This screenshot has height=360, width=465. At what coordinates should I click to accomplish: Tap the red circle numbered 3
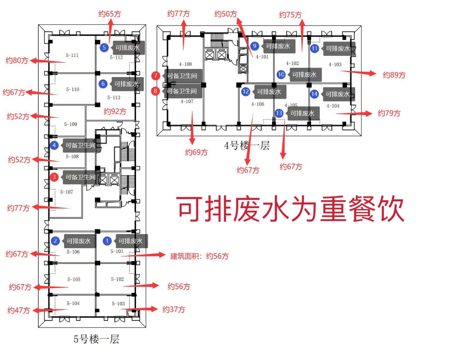[x=55, y=177]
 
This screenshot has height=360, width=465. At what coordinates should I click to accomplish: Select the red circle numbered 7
[x=156, y=75]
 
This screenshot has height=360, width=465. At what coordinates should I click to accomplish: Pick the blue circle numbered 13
[x=279, y=113]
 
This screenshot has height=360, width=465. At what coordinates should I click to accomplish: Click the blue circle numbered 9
[x=254, y=46]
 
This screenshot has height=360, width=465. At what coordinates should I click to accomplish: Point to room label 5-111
[x=72, y=55]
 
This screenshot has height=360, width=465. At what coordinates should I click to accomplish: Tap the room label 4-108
[x=185, y=64]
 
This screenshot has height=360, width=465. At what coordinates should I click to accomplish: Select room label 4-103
[x=335, y=64]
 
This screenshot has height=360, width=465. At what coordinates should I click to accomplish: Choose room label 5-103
[x=118, y=303]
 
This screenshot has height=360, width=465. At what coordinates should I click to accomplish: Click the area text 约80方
[x=17, y=60]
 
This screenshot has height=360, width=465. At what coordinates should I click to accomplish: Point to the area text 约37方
[x=173, y=310]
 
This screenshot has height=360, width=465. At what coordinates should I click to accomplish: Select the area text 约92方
[x=115, y=112]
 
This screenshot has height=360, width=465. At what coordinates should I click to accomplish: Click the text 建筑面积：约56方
[x=199, y=256]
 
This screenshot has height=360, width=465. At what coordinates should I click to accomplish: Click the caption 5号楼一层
[x=96, y=339]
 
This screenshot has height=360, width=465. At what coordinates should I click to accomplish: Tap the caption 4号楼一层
[x=247, y=145]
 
